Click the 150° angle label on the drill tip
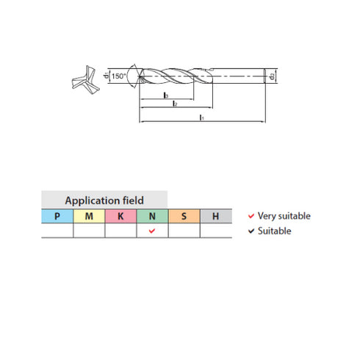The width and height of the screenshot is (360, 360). (119, 76)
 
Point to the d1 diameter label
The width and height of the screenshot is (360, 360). (107, 76)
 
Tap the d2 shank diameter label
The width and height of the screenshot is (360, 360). (272, 76)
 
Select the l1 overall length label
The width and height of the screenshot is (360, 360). (201, 117)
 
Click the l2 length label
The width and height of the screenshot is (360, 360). (173, 105)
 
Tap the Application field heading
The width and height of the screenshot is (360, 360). (104, 200)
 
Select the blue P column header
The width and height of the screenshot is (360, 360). (57, 216)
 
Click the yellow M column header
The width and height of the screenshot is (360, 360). (89, 216)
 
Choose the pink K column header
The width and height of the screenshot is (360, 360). (120, 216)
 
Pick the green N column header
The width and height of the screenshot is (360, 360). (152, 216)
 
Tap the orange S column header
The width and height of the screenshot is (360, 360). (184, 216)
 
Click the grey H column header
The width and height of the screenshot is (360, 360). (215, 216)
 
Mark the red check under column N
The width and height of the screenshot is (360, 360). (152, 231)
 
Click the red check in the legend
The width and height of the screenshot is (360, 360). (251, 216)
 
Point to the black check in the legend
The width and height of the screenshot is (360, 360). (251, 231)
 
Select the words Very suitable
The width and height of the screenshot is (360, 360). (284, 216)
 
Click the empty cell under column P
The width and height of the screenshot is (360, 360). (57, 231)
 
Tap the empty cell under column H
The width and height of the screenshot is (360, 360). (215, 231)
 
